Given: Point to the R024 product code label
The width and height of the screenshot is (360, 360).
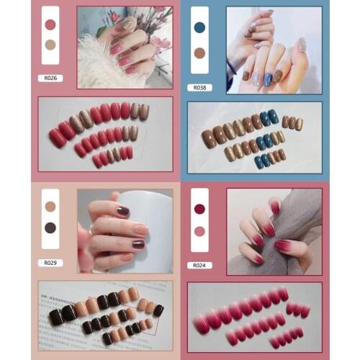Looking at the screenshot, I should point(199,265).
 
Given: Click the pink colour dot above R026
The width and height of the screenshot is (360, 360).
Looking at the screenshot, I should point(50,24).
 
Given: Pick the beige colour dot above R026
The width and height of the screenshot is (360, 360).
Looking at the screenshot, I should point(50,44).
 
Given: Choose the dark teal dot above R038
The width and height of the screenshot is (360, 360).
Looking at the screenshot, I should point(199,27).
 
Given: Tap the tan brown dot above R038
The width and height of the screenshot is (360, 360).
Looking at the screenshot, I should point(199,53).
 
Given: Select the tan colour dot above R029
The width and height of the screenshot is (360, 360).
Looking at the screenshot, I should point(50,207).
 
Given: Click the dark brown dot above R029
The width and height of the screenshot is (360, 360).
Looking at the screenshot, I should point(50,228).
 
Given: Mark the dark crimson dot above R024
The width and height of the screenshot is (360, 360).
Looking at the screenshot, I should point(199,209).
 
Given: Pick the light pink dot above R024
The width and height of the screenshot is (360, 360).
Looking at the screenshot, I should point(199,231).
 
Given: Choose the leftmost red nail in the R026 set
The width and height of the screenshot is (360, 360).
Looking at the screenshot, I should point(57,138).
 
